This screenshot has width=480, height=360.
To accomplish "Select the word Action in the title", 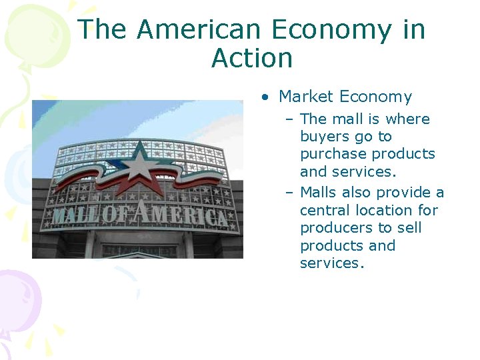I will pos(252,59).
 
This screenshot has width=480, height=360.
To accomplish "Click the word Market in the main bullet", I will pos(307,97).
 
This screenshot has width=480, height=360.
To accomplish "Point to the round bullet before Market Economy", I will pos(265,97).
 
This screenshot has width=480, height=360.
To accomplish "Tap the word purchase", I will pos(333,154).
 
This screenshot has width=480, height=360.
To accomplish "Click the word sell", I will pos(410,228).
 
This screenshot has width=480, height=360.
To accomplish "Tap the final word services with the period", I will pos(332,263).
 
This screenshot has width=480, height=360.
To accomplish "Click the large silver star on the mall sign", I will pos(140,162).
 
